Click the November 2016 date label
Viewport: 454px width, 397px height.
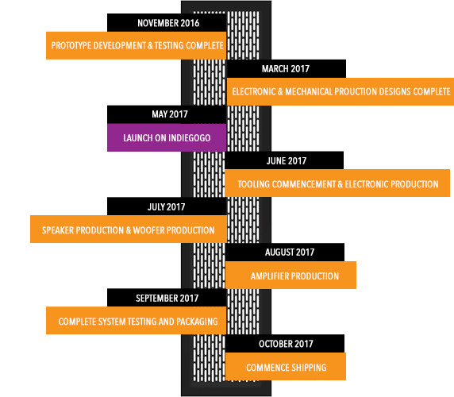tap(168, 23)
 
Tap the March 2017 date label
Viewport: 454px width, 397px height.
tap(286, 68)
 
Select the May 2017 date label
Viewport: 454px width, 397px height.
tap(170, 114)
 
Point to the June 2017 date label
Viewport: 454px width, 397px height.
tap(286, 160)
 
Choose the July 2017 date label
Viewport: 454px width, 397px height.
tap(166, 206)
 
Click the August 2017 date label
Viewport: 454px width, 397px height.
tap(290, 252)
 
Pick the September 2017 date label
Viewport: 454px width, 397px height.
tap(167, 298)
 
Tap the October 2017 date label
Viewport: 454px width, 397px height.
tap(286, 344)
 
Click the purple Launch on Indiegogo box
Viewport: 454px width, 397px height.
tap(167, 137)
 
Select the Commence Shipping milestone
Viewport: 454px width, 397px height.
tap(286, 366)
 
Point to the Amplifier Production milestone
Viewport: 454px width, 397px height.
tap(290, 275)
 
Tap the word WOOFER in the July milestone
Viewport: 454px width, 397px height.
tap(148, 230)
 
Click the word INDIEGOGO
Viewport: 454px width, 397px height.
tap(190, 138)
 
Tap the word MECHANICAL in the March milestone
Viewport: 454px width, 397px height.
tap(309, 91)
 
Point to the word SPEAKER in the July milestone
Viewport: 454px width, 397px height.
tap(58, 230)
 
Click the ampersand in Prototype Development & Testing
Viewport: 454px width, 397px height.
tap(150, 45)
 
